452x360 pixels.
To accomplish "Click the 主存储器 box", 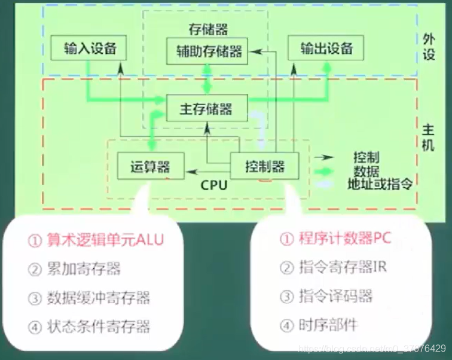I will tap(205, 109).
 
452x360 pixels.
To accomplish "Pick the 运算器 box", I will tap(149, 166).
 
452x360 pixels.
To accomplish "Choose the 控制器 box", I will tap(265, 166).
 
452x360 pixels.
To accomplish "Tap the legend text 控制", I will tap(366, 157).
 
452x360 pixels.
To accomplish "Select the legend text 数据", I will tap(366, 170).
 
